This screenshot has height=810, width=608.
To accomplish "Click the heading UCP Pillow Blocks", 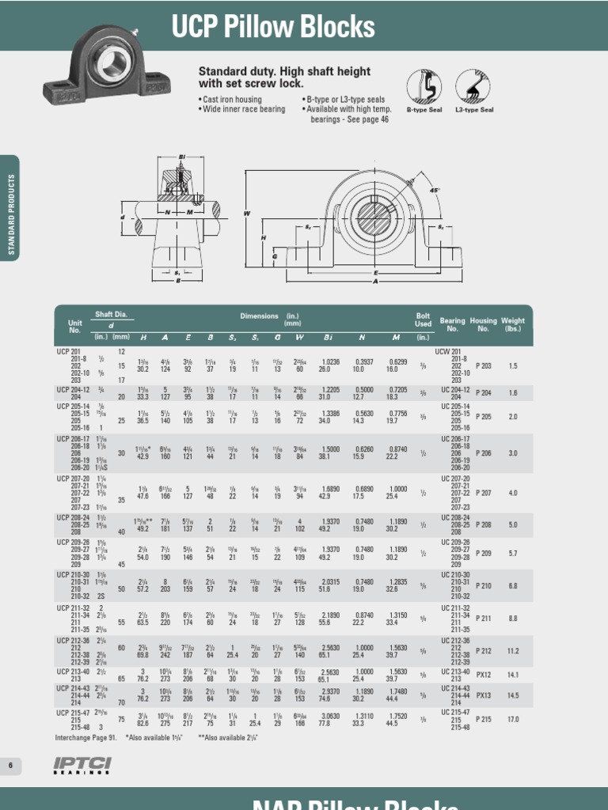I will (273, 28).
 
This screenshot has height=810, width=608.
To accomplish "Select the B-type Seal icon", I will (423, 86).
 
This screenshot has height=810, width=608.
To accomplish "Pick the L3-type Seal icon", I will (472, 86).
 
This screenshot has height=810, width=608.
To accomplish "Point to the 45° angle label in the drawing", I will (435, 191).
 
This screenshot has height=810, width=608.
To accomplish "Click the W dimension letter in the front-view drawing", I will (246, 213).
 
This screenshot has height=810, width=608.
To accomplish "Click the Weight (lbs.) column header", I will (513, 324).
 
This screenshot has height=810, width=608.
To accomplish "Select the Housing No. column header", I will (483, 324).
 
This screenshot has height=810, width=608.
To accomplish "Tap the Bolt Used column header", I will (424, 319).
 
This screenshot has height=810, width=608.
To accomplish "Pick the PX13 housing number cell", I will (483, 695).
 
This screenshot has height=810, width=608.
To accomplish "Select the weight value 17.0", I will (513, 719).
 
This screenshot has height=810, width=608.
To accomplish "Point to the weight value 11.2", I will (513, 650).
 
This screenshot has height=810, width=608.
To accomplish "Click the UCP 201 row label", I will (69, 350).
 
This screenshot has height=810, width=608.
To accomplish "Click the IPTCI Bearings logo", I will (82, 765).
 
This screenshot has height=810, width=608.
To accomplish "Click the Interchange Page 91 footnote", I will (85, 737).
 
